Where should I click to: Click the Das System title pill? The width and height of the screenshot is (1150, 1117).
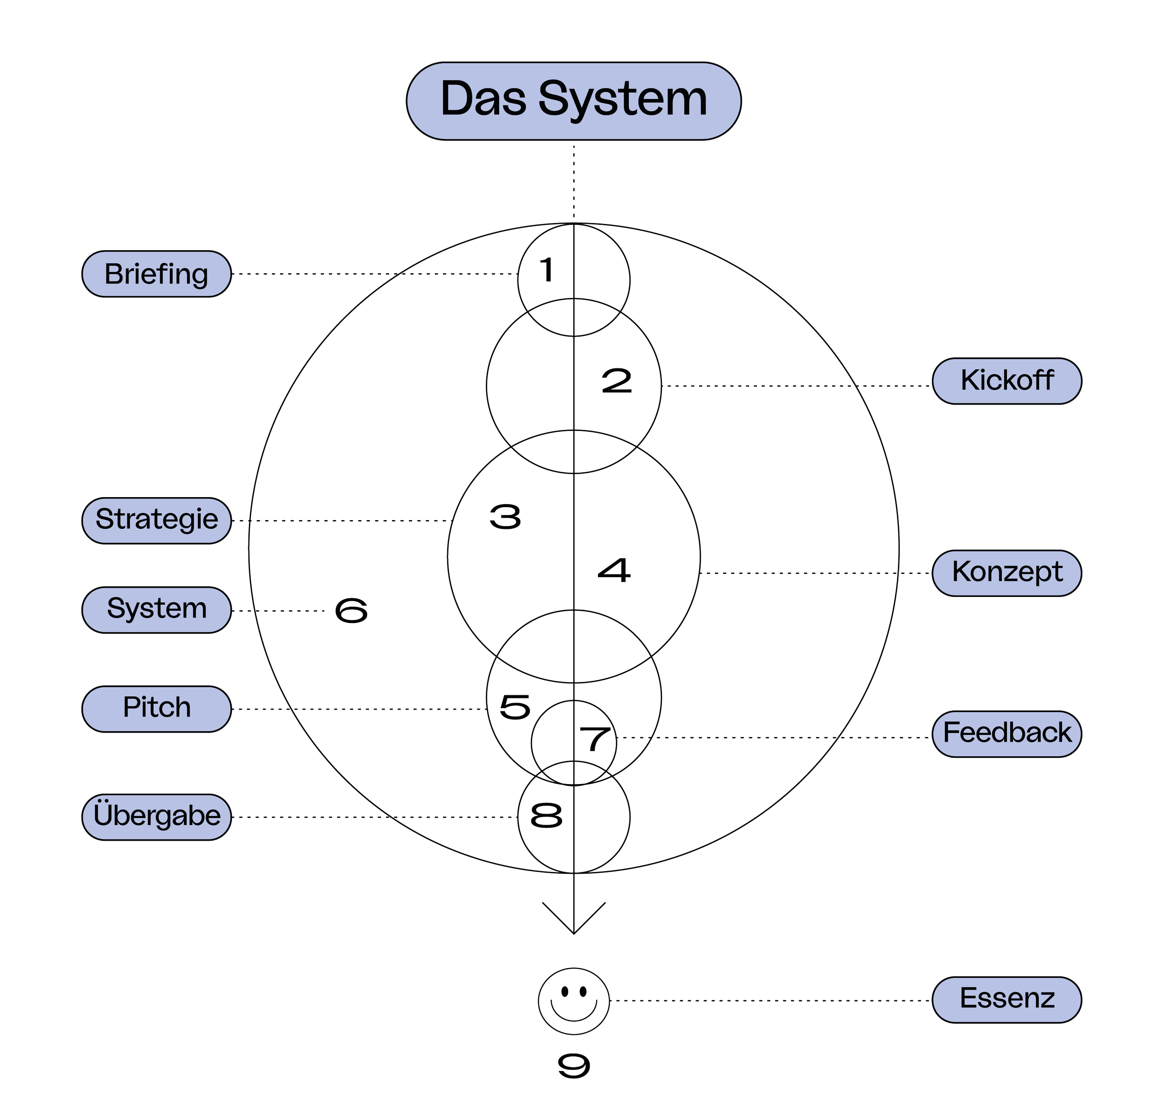(x=573, y=100)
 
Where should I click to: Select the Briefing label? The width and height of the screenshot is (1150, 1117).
(x=156, y=274)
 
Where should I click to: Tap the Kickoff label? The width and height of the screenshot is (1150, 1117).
(x=1007, y=380)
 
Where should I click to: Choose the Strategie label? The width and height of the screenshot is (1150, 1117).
(x=156, y=520)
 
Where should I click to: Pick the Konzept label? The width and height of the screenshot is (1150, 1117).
(x=1007, y=573)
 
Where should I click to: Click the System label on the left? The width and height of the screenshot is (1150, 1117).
(x=156, y=609)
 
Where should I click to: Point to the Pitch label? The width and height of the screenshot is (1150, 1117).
(x=156, y=708)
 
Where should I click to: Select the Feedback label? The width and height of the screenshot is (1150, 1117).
(x=1007, y=733)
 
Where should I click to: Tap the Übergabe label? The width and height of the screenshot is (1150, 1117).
(x=156, y=816)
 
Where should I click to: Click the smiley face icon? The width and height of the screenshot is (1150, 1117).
(x=573, y=1000)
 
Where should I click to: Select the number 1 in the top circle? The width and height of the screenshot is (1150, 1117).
(x=547, y=270)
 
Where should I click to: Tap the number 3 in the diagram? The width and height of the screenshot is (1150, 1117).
(x=505, y=516)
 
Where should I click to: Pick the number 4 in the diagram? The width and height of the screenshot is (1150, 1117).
(x=614, y=570)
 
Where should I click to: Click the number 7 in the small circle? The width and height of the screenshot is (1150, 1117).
(x=594, y=739)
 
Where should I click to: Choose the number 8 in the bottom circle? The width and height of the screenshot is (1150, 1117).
(x=546, y=816)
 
